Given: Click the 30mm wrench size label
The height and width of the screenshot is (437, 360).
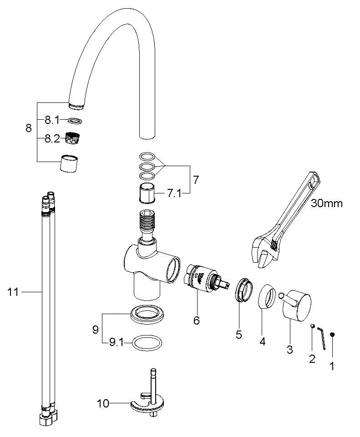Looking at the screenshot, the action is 327,203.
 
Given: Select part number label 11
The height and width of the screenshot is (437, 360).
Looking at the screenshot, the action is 13,292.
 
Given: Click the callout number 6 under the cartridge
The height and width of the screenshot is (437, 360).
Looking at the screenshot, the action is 197,320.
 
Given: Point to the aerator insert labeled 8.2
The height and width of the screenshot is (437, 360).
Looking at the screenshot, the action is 71,138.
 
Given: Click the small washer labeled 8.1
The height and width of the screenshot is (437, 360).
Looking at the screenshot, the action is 75,121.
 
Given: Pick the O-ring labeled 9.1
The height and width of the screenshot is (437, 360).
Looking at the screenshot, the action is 147,343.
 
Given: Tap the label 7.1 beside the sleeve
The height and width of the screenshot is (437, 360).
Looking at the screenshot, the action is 174,193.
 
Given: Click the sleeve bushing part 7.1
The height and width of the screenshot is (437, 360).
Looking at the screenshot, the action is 147,193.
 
